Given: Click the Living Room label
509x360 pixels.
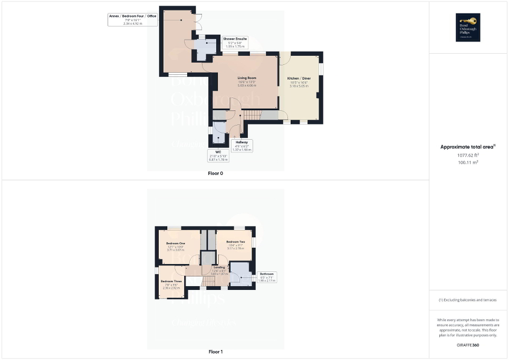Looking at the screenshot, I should coord(247,78).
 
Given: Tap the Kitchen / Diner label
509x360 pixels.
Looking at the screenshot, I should coord(299,79).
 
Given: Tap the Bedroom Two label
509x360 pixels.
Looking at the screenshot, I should coord(235,241).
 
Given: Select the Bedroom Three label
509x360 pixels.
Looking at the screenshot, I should coord(170,281).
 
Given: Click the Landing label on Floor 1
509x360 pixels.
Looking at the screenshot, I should coord(219,267).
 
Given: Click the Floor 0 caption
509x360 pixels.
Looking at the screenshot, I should coord(216,173).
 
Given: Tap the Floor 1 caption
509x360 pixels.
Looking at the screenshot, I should coord(216,352).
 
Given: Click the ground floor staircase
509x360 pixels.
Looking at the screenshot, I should coord(254,115).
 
